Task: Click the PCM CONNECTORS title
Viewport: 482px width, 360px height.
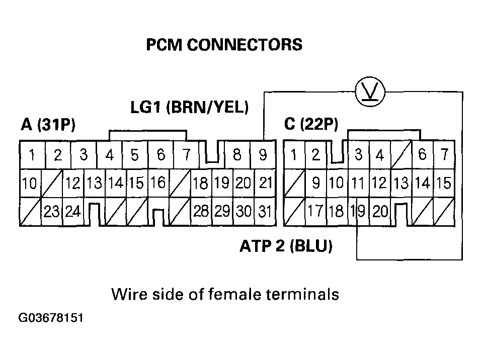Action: click(224, 45)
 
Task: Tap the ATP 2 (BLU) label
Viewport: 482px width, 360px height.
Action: click(285, 247)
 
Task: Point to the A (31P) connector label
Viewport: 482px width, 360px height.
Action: click(48, 124)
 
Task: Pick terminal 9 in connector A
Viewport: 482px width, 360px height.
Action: click(263, 155)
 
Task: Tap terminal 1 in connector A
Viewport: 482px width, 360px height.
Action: click(32, 155)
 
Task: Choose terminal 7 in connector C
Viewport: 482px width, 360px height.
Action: click(444, 155)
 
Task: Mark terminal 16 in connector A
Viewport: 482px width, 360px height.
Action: click(157, 183)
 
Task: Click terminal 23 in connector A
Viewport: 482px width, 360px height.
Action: click(51, 212)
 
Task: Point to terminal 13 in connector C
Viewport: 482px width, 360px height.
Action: click(400, 184)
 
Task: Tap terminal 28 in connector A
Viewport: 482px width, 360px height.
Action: click(201, 212)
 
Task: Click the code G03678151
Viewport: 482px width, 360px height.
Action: click(50, 319)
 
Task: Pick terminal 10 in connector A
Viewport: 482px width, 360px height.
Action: click(29, 184)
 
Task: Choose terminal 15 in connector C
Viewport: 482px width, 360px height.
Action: click(444, 184)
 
